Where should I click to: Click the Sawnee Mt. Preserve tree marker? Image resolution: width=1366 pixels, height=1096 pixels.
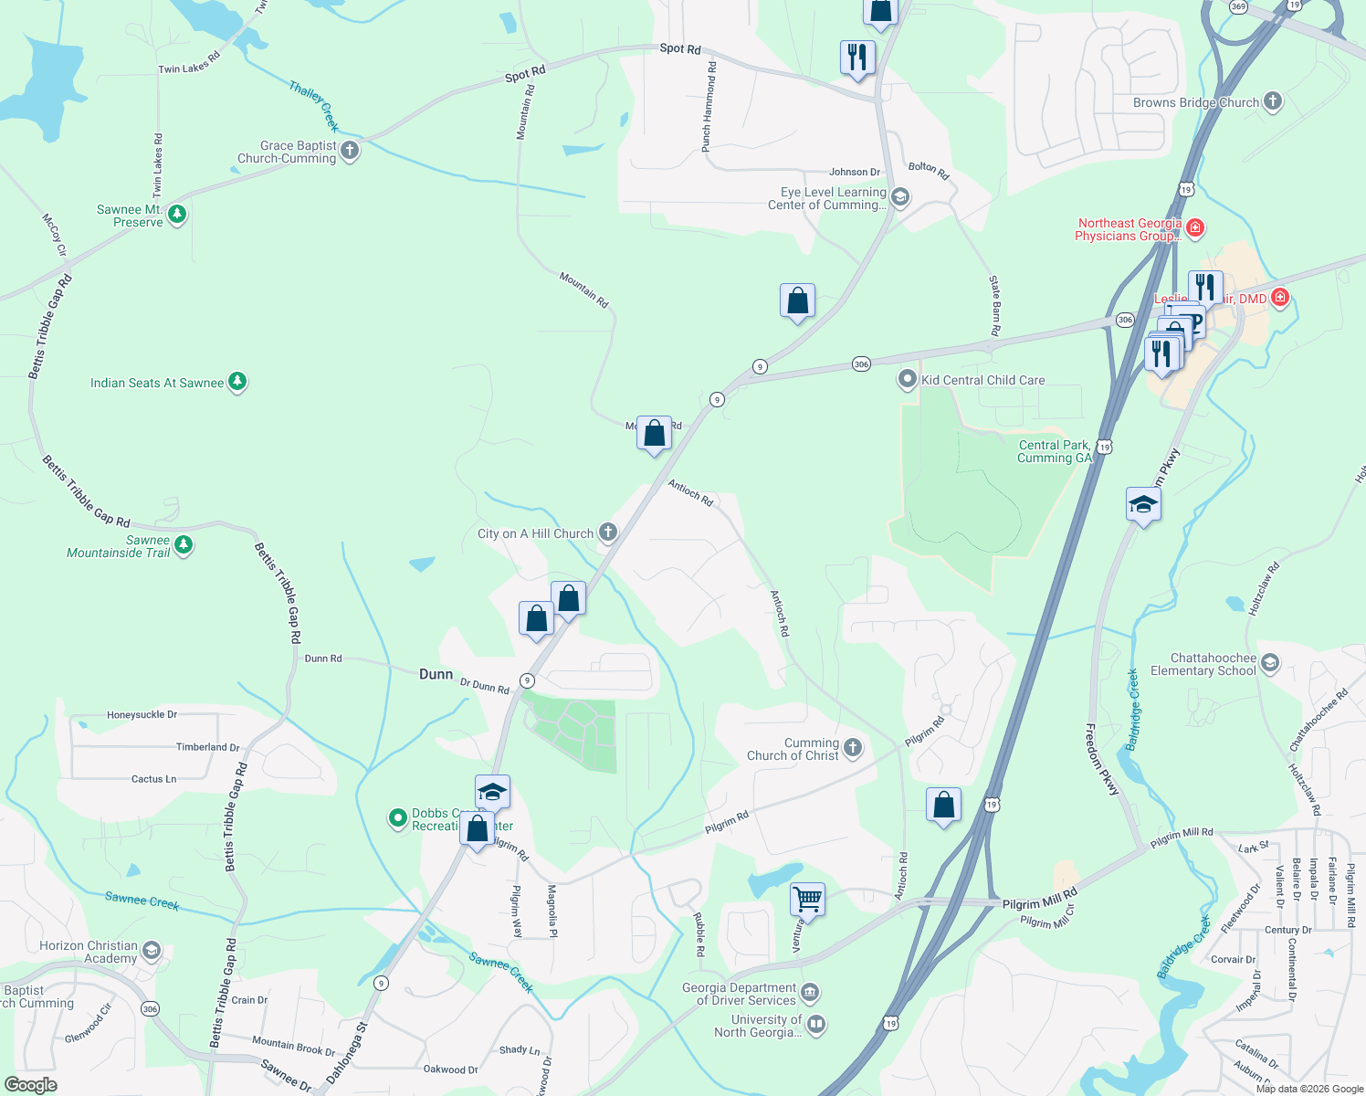(x=177, y=215)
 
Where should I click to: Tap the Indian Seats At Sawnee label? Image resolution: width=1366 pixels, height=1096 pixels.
(x=157, y=383)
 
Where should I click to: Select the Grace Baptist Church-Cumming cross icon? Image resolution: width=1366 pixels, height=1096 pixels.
(x=349, y=150)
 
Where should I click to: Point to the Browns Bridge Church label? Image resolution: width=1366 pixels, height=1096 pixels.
(x=1195, y=102)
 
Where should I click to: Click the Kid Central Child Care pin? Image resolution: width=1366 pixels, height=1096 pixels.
(x=907, y=379)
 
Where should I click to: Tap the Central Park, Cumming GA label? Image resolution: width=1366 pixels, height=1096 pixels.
(x=1054, y=451)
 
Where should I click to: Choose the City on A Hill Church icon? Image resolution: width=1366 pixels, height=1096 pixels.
(x=607, y=532)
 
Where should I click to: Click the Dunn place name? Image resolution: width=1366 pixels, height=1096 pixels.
(x=436, y=674)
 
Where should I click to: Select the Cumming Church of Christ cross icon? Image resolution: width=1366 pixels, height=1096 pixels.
(x=852, y=748)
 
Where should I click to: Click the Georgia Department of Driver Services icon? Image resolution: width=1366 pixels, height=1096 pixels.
(x=810, y=993)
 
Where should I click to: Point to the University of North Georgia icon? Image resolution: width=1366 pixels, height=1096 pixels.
(x=816, y=1025)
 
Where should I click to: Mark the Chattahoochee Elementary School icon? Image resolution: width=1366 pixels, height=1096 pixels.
(x=1269, y=662)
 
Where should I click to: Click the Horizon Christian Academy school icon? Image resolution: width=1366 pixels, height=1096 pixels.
(x=152, y=951)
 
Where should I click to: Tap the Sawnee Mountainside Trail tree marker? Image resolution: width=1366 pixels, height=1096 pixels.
(x=184, y=545)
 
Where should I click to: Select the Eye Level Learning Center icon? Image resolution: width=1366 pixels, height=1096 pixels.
(x=899, y=197)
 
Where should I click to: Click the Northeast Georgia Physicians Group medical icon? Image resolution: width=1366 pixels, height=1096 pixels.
(x=1194, y=227)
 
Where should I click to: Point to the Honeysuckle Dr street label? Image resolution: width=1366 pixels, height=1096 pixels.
(x=142, y=715)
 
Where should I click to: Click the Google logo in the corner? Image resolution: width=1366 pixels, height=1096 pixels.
(x=30, y=1085)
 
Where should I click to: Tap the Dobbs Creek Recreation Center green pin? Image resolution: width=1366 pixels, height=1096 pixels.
(x=397, y=818)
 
